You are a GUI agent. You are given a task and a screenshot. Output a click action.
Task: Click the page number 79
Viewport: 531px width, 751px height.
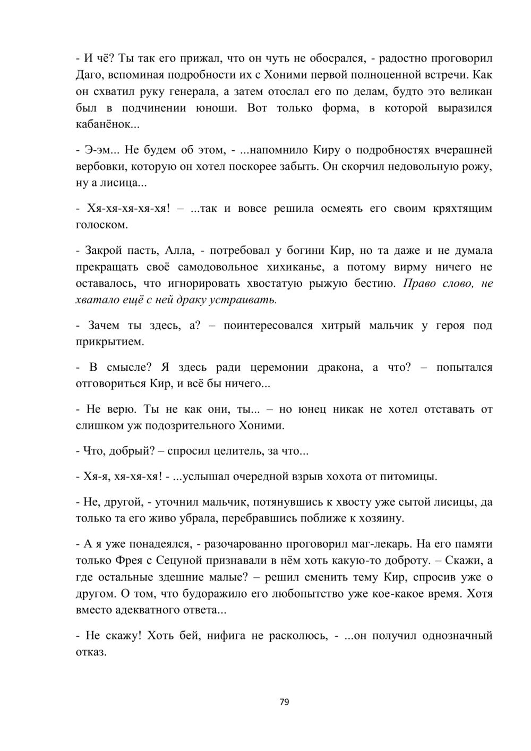coord(284,702)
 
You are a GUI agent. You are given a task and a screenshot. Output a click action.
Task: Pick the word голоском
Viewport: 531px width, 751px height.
coord(101,225)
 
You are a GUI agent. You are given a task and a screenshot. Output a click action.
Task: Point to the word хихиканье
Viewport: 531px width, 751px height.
coord(293,267)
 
